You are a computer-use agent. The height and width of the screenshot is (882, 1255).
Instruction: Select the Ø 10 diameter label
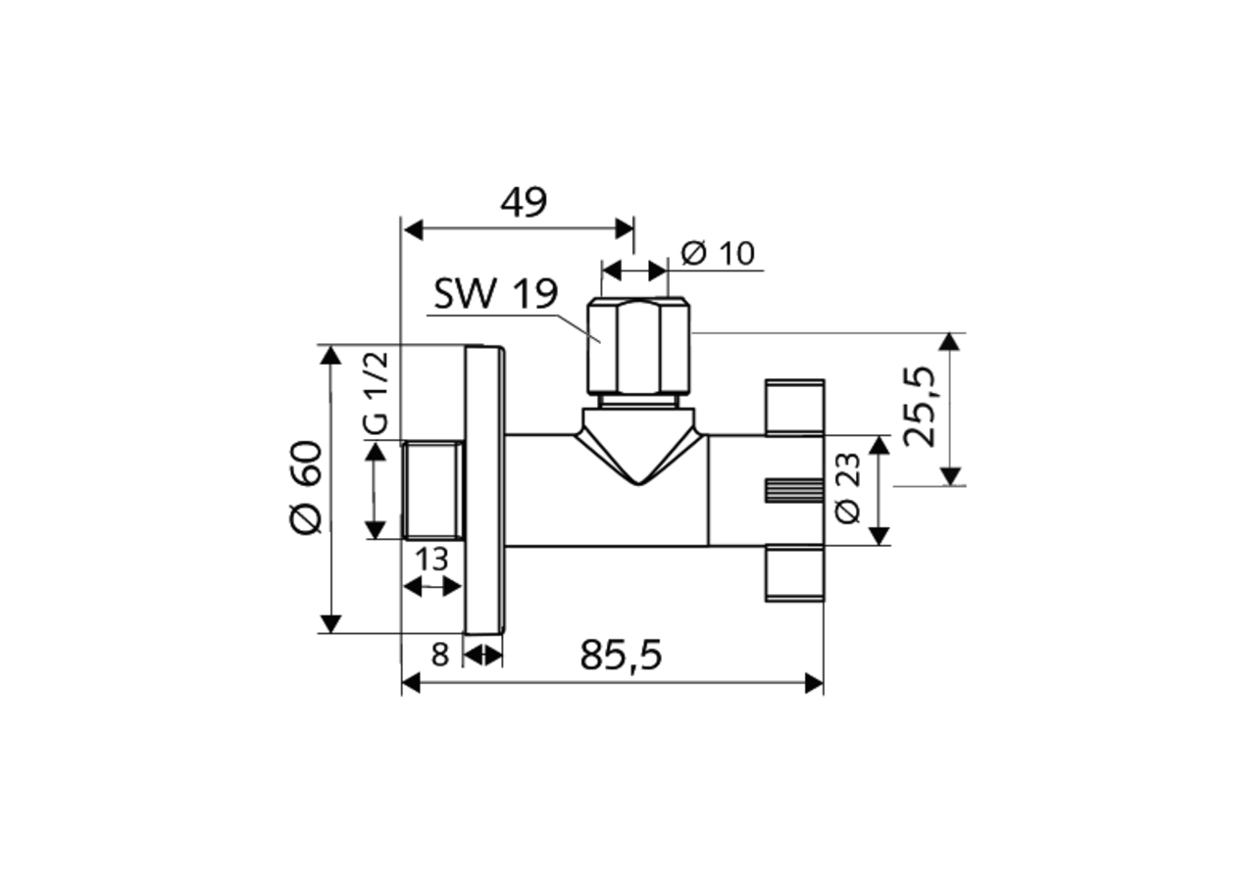pyautogui.click(x=718, y=254)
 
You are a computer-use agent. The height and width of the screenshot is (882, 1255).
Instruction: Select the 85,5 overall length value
pyautogui.click(x=621, y=655)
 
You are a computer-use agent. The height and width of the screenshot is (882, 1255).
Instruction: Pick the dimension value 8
pyautogui.click(x=439, y=654)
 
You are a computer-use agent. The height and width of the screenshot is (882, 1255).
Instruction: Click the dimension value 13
pyautogui.click(x=431, y=560)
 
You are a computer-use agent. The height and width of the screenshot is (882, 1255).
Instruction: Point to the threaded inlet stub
pyautogui.click(x=432, y=490)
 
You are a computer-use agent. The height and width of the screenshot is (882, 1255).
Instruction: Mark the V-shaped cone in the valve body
pyautogui.click(x=638, y=446)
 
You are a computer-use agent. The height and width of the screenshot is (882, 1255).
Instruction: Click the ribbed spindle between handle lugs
pyautogui.click(x=792, y=490)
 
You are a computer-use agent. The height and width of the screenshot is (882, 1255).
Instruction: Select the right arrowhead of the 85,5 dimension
pyautogui.click(x=814, y=683)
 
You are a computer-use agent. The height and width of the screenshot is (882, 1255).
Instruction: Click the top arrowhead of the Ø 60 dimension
pyautogui.click(x=331, y=354)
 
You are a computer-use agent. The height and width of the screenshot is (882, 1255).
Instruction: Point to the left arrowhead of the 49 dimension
pyautogui.click(x=413, y=229)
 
